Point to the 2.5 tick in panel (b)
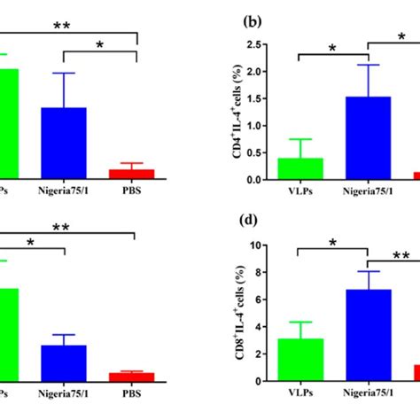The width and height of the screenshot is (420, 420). pyautogui.click(x=258, y=44)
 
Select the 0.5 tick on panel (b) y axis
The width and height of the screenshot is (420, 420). pyautogui.click(x=258, y=152)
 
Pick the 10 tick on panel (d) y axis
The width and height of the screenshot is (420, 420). pyautogui.click(x=259, y=245)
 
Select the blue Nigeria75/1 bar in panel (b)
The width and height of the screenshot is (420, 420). pyautogui.click(x=369, y=138)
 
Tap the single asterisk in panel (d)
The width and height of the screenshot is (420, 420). pyautogui.click(x=334, y=243)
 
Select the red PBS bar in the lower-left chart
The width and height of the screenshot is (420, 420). pyautogui.click(x=132, y=376)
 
